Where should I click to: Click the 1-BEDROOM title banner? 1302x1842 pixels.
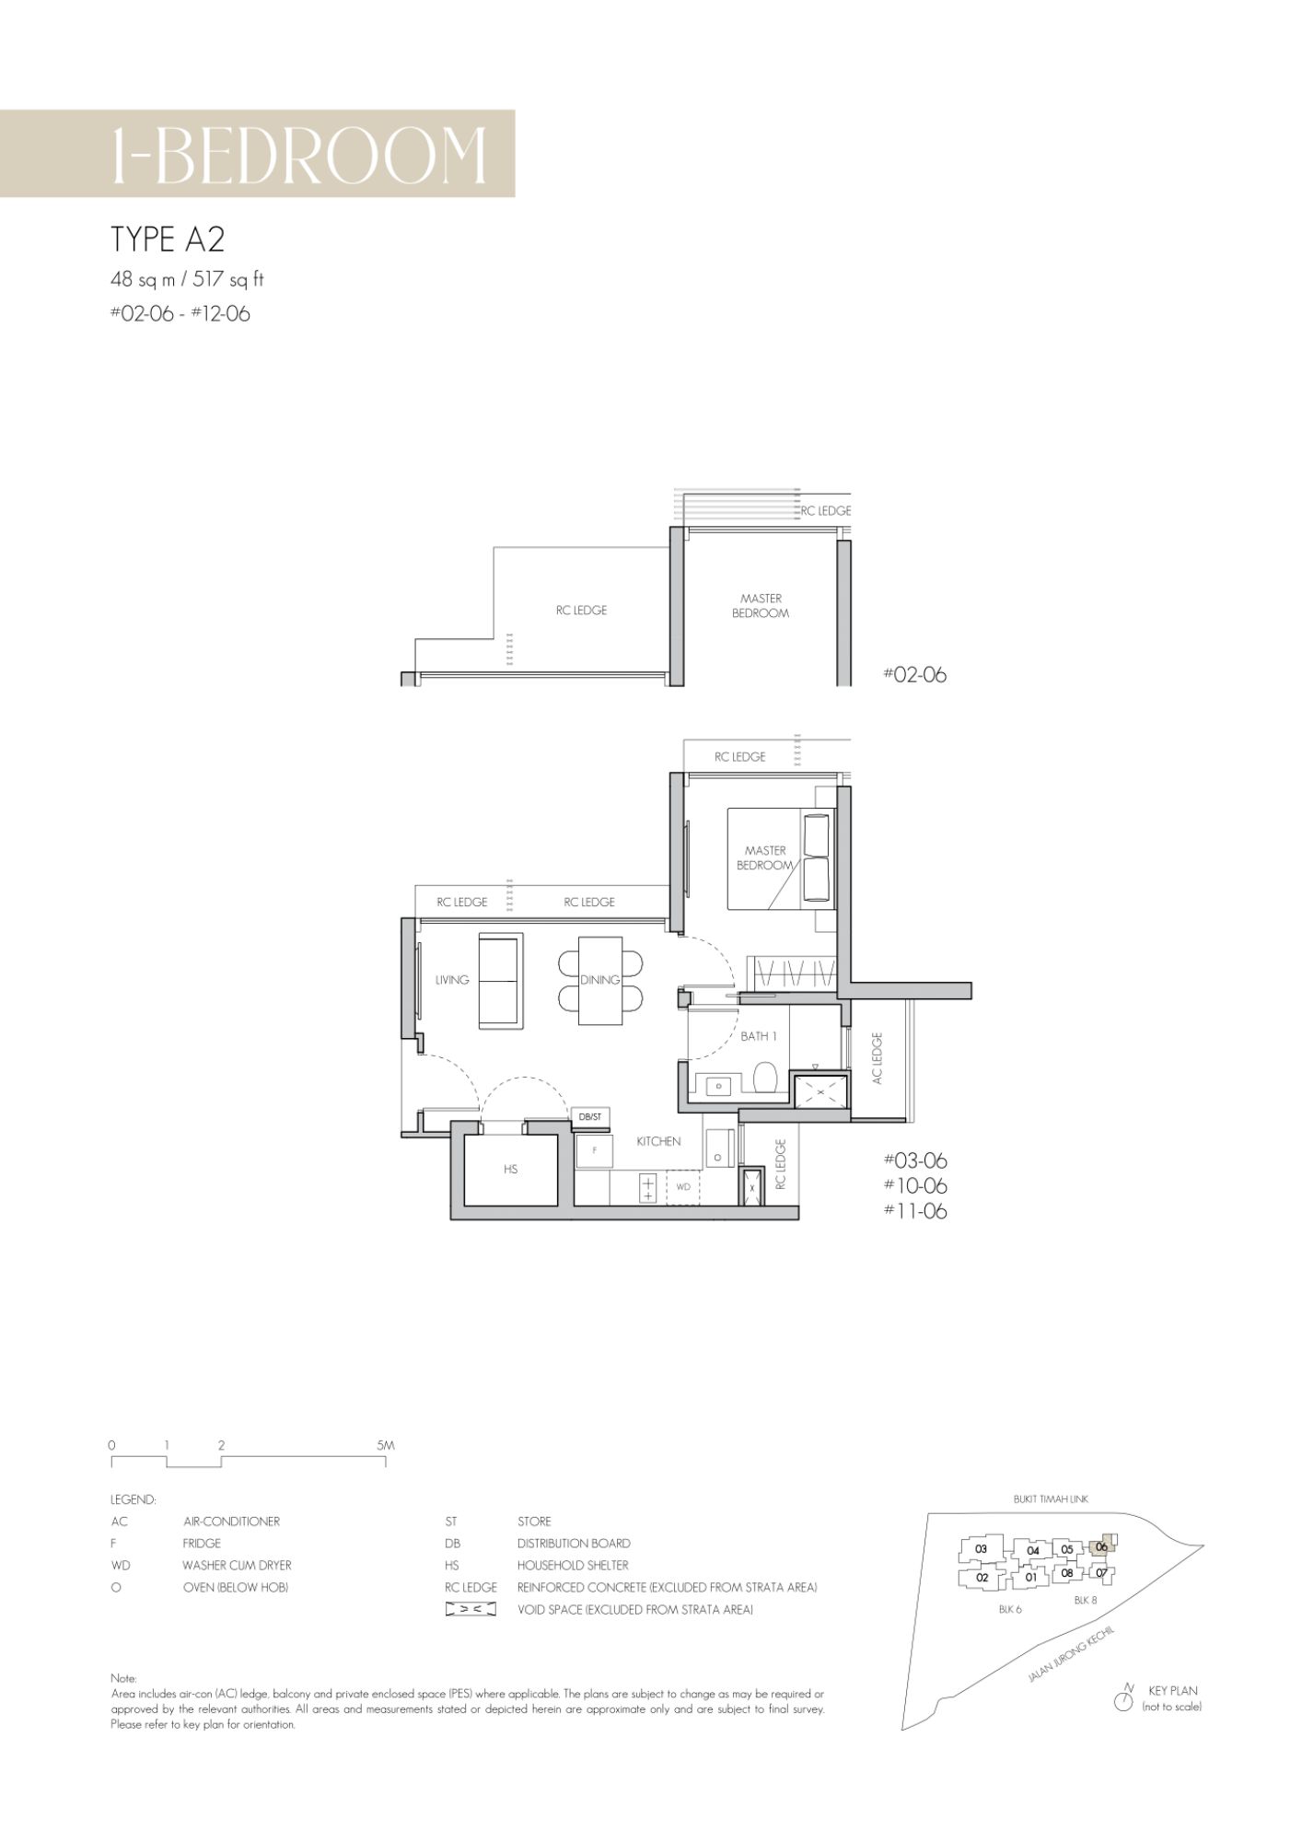click(257, 153)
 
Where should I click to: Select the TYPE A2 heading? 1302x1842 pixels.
click(168, 239)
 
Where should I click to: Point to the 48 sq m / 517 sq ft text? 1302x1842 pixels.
click(187, 280)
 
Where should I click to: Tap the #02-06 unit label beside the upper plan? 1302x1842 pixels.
click(914, 674)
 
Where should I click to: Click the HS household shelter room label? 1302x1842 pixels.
click(510, 1169)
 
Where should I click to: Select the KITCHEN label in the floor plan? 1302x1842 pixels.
click(658, 1141)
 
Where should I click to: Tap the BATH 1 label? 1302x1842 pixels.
click(759, 1036)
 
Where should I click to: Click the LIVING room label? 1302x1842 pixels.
click(452, 980)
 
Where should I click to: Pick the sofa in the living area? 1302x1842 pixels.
click(501, 980)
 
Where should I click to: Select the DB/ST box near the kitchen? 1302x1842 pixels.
click(590, 1117)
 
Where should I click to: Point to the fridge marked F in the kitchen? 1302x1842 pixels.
click(594, 1150)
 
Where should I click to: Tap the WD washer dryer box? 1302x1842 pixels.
click(683, 1187)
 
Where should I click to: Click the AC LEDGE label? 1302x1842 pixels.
click(877, 1057)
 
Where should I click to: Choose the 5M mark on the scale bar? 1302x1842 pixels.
click(386, 1445)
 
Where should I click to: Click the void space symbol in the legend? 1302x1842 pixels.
click(471, 1610)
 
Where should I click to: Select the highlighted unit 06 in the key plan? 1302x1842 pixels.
click(1102, 1548)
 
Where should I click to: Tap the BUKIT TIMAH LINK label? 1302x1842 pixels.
click(1051, 1498)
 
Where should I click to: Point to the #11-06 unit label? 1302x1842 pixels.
click(915, 1211)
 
